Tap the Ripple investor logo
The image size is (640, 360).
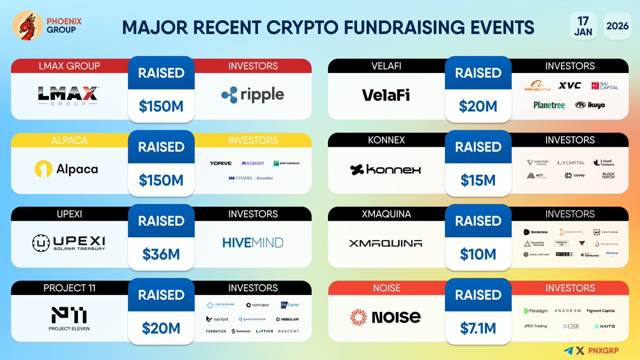coord(253,95)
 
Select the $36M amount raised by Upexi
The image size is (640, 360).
coord(161,254)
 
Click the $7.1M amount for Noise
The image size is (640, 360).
coord(478,328)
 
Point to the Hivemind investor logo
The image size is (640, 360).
coord(253,243)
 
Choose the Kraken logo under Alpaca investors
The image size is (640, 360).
coord(252,163)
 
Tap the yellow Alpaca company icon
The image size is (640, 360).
coord(43,169)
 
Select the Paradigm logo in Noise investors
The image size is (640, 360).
coord(536,310)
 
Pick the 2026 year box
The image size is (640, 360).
coord(617,25)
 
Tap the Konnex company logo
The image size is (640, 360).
coord(385,170)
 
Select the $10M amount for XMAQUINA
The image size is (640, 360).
coord(478,254)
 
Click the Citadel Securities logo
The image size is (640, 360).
coord(251,178)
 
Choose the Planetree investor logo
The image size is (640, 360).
coord(549,105)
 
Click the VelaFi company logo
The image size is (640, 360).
coord(385,95)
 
